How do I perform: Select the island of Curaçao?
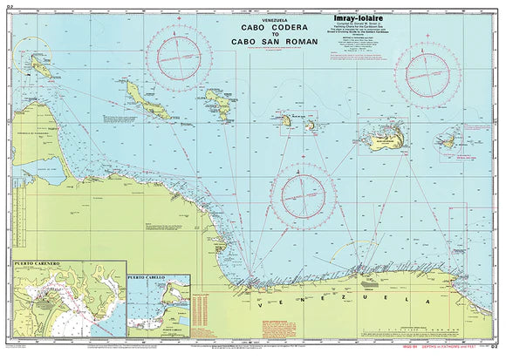tap(143, 94)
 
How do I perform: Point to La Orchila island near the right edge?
tap(452, 135)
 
